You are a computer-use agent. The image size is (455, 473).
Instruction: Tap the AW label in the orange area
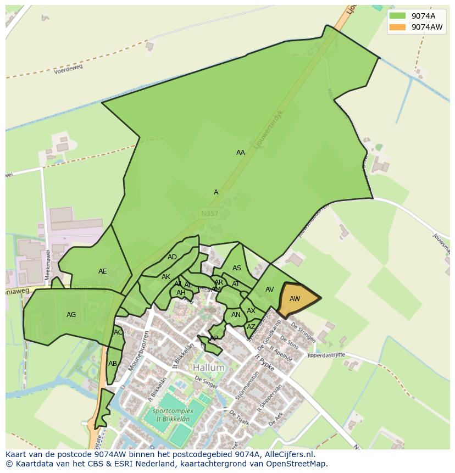coord(295,299)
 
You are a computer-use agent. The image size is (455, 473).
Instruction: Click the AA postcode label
coord(241,153)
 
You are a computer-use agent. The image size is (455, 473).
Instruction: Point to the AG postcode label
coord(71,315)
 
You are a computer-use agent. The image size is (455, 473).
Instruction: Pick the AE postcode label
coord(103,271)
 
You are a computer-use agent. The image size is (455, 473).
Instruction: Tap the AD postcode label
coord(173,257)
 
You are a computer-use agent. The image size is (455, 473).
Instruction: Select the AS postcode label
coord(237,268)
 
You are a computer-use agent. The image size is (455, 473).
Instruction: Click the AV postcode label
coord(269,290)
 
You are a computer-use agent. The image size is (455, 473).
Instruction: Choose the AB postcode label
coord(113,364)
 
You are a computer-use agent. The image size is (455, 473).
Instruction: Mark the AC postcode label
coord(118,332)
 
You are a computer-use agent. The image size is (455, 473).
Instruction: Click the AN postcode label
coord(236,315)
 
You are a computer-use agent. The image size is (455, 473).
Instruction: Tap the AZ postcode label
coord(251,327)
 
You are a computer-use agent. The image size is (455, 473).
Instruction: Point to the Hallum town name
coord(208,368)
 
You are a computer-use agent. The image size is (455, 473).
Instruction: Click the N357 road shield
coord(209,213)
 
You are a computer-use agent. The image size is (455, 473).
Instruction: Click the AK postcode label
coord(166,277)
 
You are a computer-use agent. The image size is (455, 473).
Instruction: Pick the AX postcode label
coord(251,311)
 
